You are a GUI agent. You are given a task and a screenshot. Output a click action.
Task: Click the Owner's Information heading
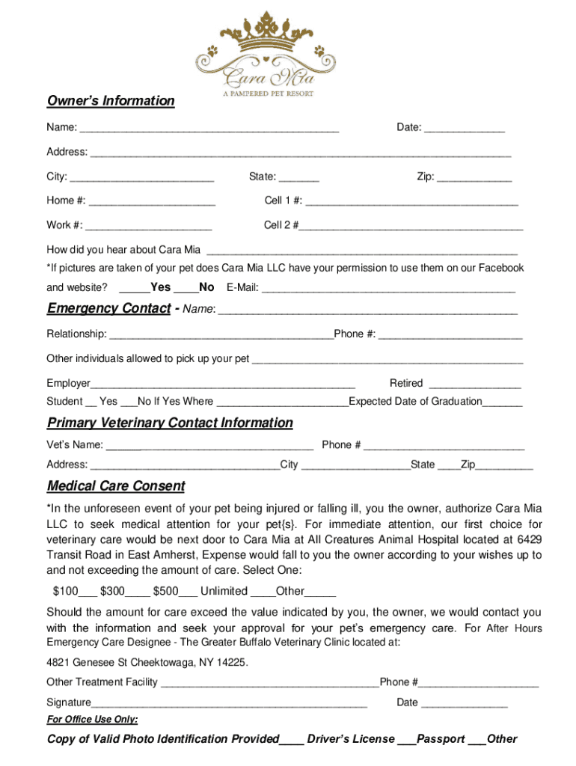click(x=111, y=101)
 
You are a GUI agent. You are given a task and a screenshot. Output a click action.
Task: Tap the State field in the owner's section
click(x=299, y=178)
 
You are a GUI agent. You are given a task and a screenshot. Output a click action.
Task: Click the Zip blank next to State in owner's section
click(x=474, y=178)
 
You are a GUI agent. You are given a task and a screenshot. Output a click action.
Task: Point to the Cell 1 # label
click(x=284, y=200)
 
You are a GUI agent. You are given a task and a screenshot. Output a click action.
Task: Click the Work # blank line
click(x=149, y=226)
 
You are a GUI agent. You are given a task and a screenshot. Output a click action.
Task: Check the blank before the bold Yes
click(x=134, y=288)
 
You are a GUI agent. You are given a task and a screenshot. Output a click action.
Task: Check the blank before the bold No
click(x=186, y=288)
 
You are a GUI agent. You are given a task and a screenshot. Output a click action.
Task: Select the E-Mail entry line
click(x=388, y=288)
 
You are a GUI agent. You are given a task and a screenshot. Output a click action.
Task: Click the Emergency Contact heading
click(x=108, y=308)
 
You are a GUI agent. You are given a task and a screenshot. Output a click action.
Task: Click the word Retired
click(x=406, y=383)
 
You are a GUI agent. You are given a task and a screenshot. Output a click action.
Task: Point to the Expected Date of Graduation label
click(x=415, y=402)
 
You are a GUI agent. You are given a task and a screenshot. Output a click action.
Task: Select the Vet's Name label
click(x=75, y=445)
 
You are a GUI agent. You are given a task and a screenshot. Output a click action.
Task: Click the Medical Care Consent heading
click(x=116, y=486)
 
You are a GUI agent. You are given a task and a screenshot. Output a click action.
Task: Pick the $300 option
click(x=113, y=591)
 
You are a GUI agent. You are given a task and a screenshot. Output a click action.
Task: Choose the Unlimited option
click(x=224, y=591)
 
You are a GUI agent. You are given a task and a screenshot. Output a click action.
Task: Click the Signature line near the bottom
click(x=229, y=703)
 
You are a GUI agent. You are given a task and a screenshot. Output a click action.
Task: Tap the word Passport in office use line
click(x=441, y=739)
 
